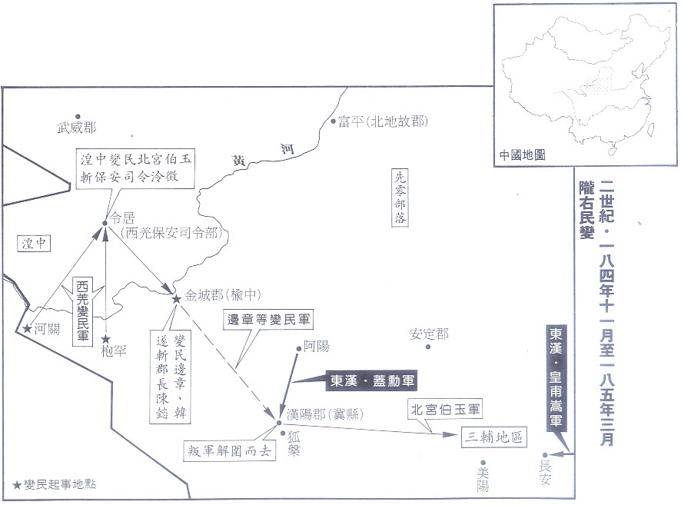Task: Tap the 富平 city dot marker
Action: [333, 121]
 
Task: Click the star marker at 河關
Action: [27, 329]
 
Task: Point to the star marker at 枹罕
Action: [106, 339]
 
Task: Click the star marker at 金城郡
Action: [177, 297]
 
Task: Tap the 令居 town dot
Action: [106, 224]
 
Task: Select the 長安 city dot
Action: [546, 455]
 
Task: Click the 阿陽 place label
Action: [316, 347]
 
